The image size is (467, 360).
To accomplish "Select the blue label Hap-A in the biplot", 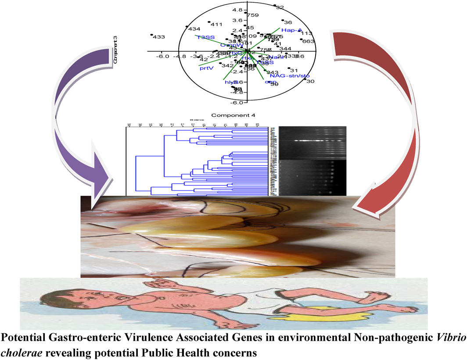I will (x=292, y=30).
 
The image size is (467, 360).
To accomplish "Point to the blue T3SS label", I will (x=205, y=38).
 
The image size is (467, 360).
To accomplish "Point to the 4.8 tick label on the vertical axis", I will (x=237, y=10).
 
